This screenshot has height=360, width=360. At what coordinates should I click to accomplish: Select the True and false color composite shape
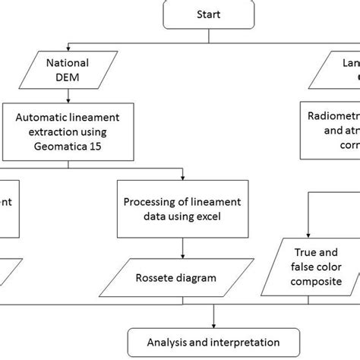pyautogui.click(x=311, y=274)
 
